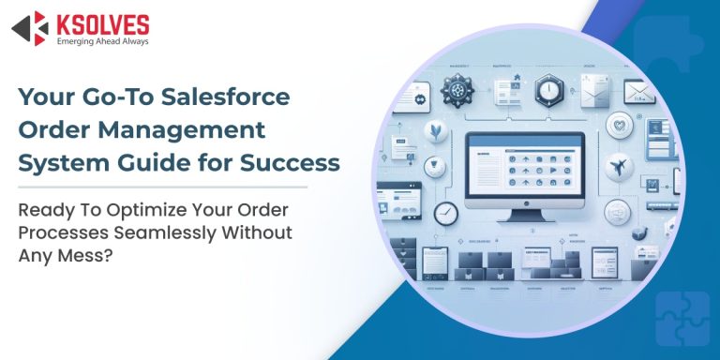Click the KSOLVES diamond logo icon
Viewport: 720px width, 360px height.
(x=29, y=27)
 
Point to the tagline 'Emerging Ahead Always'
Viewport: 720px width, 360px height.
(x=102, y=40)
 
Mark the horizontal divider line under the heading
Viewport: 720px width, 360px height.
(x=178, y=186)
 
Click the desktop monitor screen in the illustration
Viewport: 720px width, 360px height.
(x=525, y=174)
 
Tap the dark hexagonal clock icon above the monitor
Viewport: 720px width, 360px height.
(x=549, y=92)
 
